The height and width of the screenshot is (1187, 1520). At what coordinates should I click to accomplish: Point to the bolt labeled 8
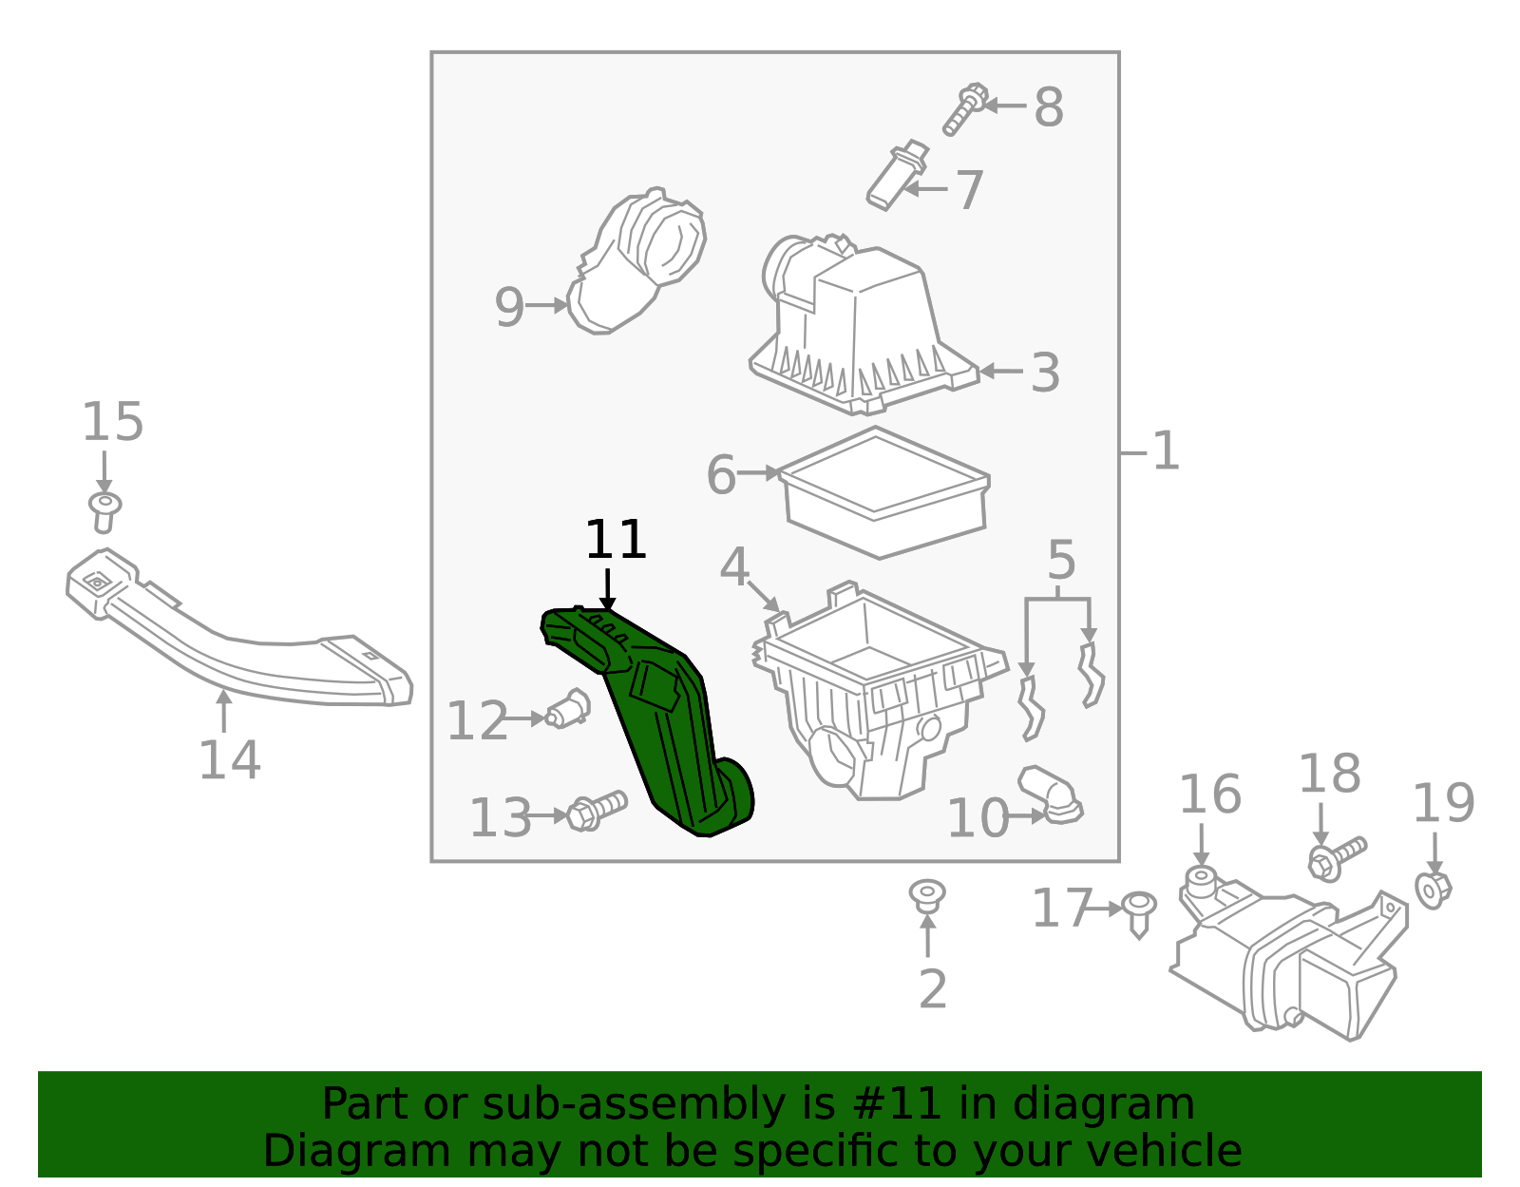[x=964, y=109]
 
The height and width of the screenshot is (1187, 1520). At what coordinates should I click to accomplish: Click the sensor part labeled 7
[x=898, y=174]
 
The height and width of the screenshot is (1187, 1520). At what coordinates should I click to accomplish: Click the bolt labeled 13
[x=597, y=811]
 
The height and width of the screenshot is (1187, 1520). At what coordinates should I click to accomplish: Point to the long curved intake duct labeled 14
[x=237, y=629]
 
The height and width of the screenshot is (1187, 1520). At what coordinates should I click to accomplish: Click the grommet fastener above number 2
[x=927, y=896]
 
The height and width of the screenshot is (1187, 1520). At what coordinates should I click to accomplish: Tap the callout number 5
[x=1061, y=561]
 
